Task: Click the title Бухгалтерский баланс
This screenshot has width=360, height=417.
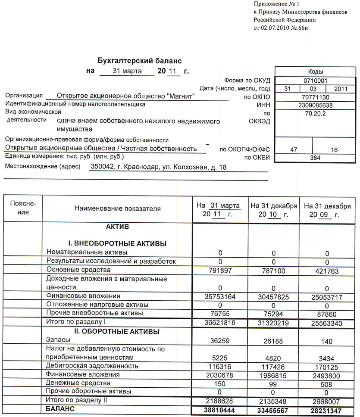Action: tap(140, 61)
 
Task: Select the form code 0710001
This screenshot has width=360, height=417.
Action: tap(315, 80)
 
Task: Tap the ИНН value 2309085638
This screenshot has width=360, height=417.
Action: tap(315, 105)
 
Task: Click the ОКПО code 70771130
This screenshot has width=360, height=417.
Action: tap(315, 96)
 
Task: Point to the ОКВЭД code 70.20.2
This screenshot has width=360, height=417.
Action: tap(315, 113)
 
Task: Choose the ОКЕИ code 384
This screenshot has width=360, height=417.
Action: tap(315, 158)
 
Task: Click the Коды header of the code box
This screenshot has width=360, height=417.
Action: tap(315, 72)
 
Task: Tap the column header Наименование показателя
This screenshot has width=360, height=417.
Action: tap(117, 209)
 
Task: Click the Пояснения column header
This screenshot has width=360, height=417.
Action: tap(23, 208)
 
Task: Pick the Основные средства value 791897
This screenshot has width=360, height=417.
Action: tap(220, 271)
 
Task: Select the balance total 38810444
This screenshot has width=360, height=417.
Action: tap(220, 410)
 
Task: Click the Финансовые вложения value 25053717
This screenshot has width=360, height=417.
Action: tap(327, 296)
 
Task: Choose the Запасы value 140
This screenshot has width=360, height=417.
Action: tap(327, 342)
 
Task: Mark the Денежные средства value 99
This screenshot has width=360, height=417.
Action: tap(274, 383)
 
